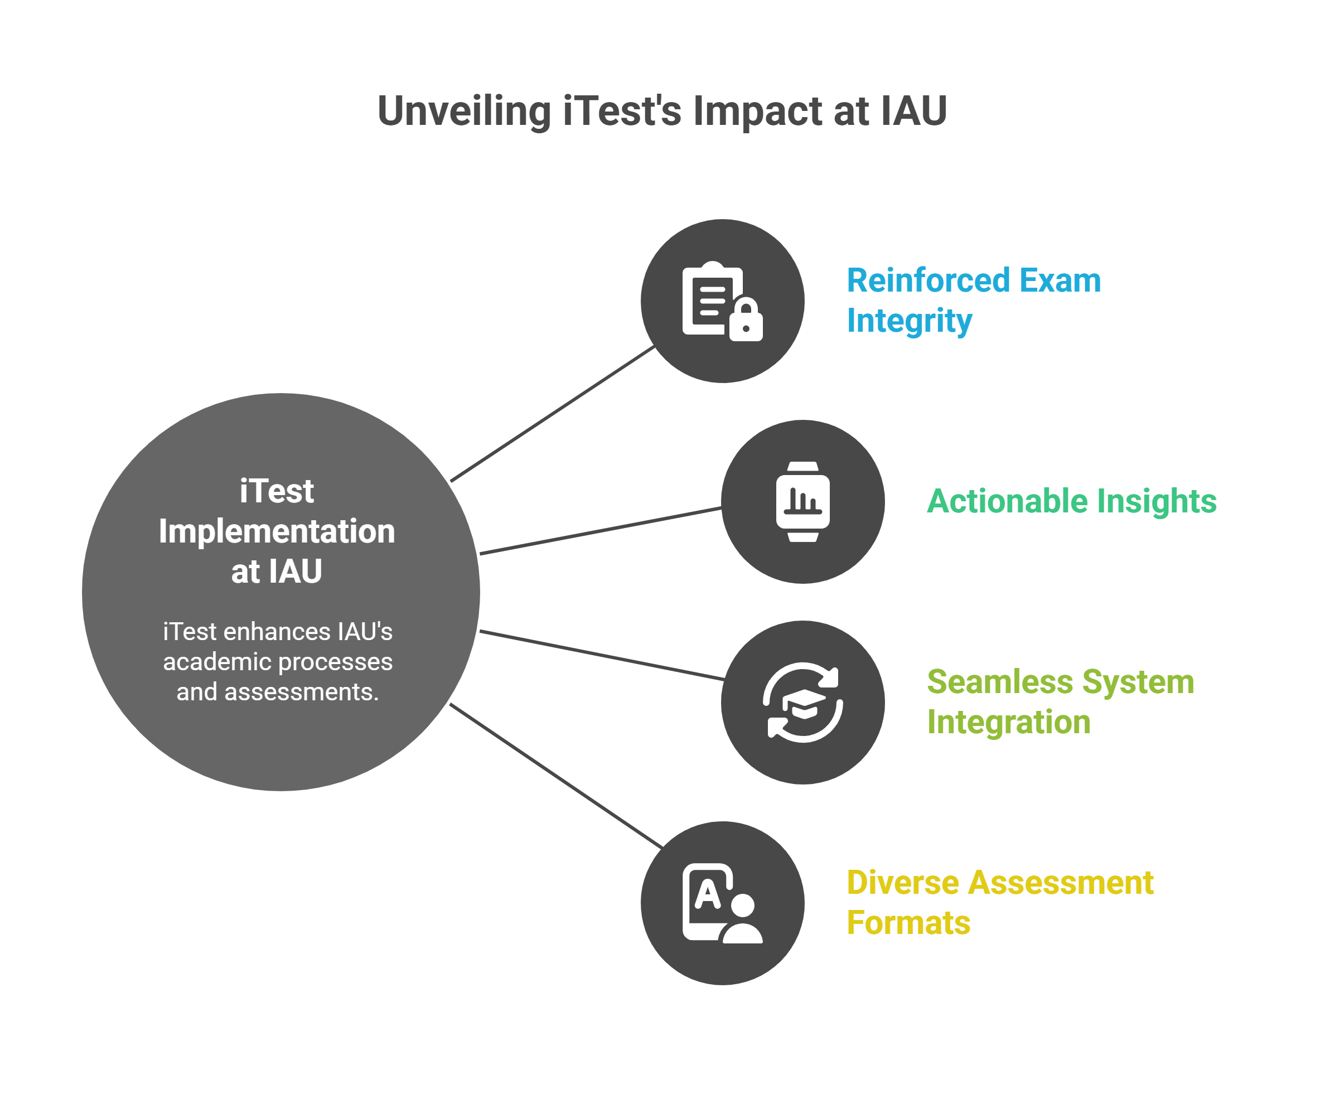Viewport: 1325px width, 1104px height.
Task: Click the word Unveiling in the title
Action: point(464,112)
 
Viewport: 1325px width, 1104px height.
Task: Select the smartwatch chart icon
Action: point(802,501)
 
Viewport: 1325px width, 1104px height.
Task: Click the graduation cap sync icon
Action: point(802,702)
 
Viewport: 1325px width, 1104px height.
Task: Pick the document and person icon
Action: point(722,903)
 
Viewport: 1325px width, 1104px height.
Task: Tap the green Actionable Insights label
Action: point(1071,501)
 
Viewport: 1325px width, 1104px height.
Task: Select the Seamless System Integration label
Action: point(1060,701)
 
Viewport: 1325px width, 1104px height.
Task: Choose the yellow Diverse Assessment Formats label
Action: point(999,902)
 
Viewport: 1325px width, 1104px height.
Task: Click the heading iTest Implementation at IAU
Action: point(277,531)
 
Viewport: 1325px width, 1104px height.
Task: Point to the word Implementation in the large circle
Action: point(277,531)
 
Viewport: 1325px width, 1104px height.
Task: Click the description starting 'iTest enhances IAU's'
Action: point(278,662)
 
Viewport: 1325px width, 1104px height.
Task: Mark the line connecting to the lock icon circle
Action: point(552,414)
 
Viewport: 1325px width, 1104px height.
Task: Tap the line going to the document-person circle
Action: point(555,777)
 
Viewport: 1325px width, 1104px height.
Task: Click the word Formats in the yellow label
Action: point(908,923)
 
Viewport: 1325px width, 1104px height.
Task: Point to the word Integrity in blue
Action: point(909,321)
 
